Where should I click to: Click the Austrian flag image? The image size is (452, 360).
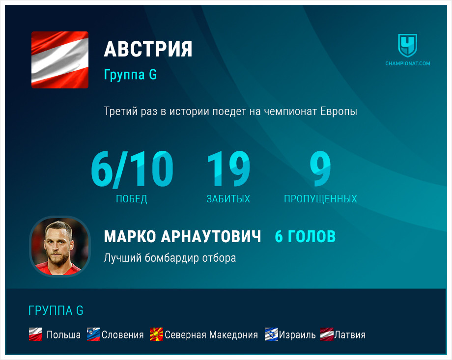coord(59,59)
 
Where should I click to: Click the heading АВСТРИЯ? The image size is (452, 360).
coord(148,49)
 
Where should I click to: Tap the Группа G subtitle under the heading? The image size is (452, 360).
coord(130,75)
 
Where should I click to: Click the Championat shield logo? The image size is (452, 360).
coord(408,46)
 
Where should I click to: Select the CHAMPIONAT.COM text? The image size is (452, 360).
coord(408,63)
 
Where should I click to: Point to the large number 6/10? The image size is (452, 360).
coord(132,169)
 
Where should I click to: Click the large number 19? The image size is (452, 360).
coord(228,168)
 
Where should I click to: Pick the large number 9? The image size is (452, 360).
coord(320,168)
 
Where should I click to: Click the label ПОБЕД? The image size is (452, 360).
coord(132,199)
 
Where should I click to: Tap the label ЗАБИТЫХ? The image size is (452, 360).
coord(228,199)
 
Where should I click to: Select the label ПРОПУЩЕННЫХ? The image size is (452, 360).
coord(320,199)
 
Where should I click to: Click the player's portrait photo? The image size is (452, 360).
coord(60,247)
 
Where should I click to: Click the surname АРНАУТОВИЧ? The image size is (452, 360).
coord(211,236)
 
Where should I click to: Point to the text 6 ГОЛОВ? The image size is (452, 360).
coord(305,236)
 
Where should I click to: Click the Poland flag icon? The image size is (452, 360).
coord(36,334)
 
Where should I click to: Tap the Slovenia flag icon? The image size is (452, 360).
coord(93,334)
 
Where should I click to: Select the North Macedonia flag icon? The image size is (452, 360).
coord(156,334)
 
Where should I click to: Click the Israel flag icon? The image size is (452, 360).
coord(271,334)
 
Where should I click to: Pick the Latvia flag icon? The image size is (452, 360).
coord(327,334)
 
